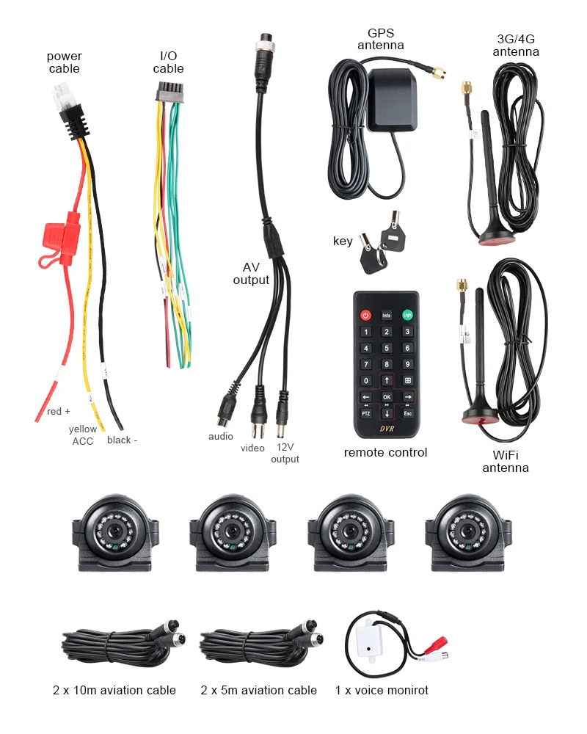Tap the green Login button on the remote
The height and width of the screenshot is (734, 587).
pos(407,316)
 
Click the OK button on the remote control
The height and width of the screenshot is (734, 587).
pos(387,397)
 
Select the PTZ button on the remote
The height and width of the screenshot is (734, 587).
pos(365,413)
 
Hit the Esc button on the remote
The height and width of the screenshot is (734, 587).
pos(408,413)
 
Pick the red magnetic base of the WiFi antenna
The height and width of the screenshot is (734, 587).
pos(478,418)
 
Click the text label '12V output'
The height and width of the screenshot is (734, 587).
pos(285,453)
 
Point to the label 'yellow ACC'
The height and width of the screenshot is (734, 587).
pos(82,435)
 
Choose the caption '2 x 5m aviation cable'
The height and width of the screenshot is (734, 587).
pos(258,690)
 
